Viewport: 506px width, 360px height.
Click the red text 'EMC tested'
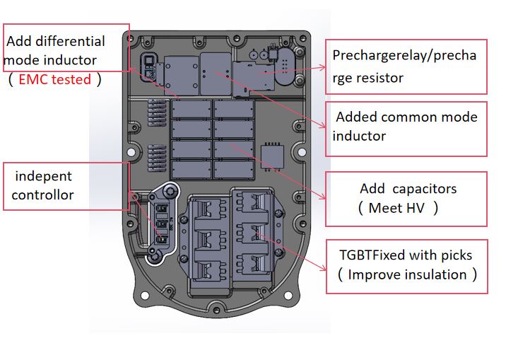pyautogui.click(x=55, y=79)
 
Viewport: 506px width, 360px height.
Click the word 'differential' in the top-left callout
pyautogui.click(x=71, y=41)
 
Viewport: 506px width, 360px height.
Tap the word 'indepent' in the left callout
pyautogui.click(x=44, y=176)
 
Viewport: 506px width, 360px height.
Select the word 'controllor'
pyautogui.click(x=42, y=195)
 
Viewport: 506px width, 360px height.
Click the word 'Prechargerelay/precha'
pyautogui.click(x=404, y=56)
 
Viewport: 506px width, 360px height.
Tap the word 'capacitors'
pyautogui.click(x=424, y=189)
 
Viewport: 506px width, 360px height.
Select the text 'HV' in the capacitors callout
pyautogui.click(x=416, y=208)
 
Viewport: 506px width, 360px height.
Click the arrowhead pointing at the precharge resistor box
pyautogui.click(x=322, y=67)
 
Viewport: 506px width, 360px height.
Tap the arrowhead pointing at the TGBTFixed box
pyautogui.click(x=323, y=268)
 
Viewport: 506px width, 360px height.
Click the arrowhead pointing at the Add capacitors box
pyautogui.click(x=322, y=197)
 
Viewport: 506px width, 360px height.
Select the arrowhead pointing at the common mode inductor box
pyautogui.click(x=322, y=125)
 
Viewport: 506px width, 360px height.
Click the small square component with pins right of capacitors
pyautogui.click(x=273, y=156)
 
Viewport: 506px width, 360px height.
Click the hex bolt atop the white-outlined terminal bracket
pyautogui.click(x=170, y=192)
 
